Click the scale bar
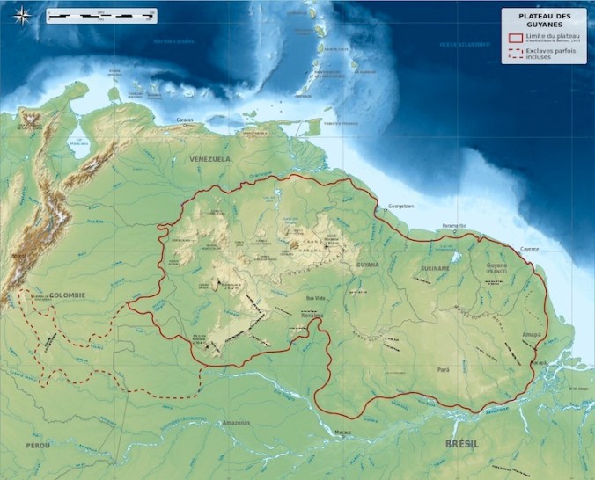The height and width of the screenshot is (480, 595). (x=102, y=15)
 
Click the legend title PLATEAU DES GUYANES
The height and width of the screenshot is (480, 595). (x=544, y=19)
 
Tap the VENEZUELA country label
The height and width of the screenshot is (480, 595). (x=209, y=159)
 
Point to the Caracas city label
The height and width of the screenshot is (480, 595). (x=185, y=120)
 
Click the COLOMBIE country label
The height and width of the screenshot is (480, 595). (x=67, y=295)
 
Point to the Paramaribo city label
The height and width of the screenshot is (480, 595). (x=454, y=225)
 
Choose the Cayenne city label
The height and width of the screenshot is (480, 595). (x=529, y=249)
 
